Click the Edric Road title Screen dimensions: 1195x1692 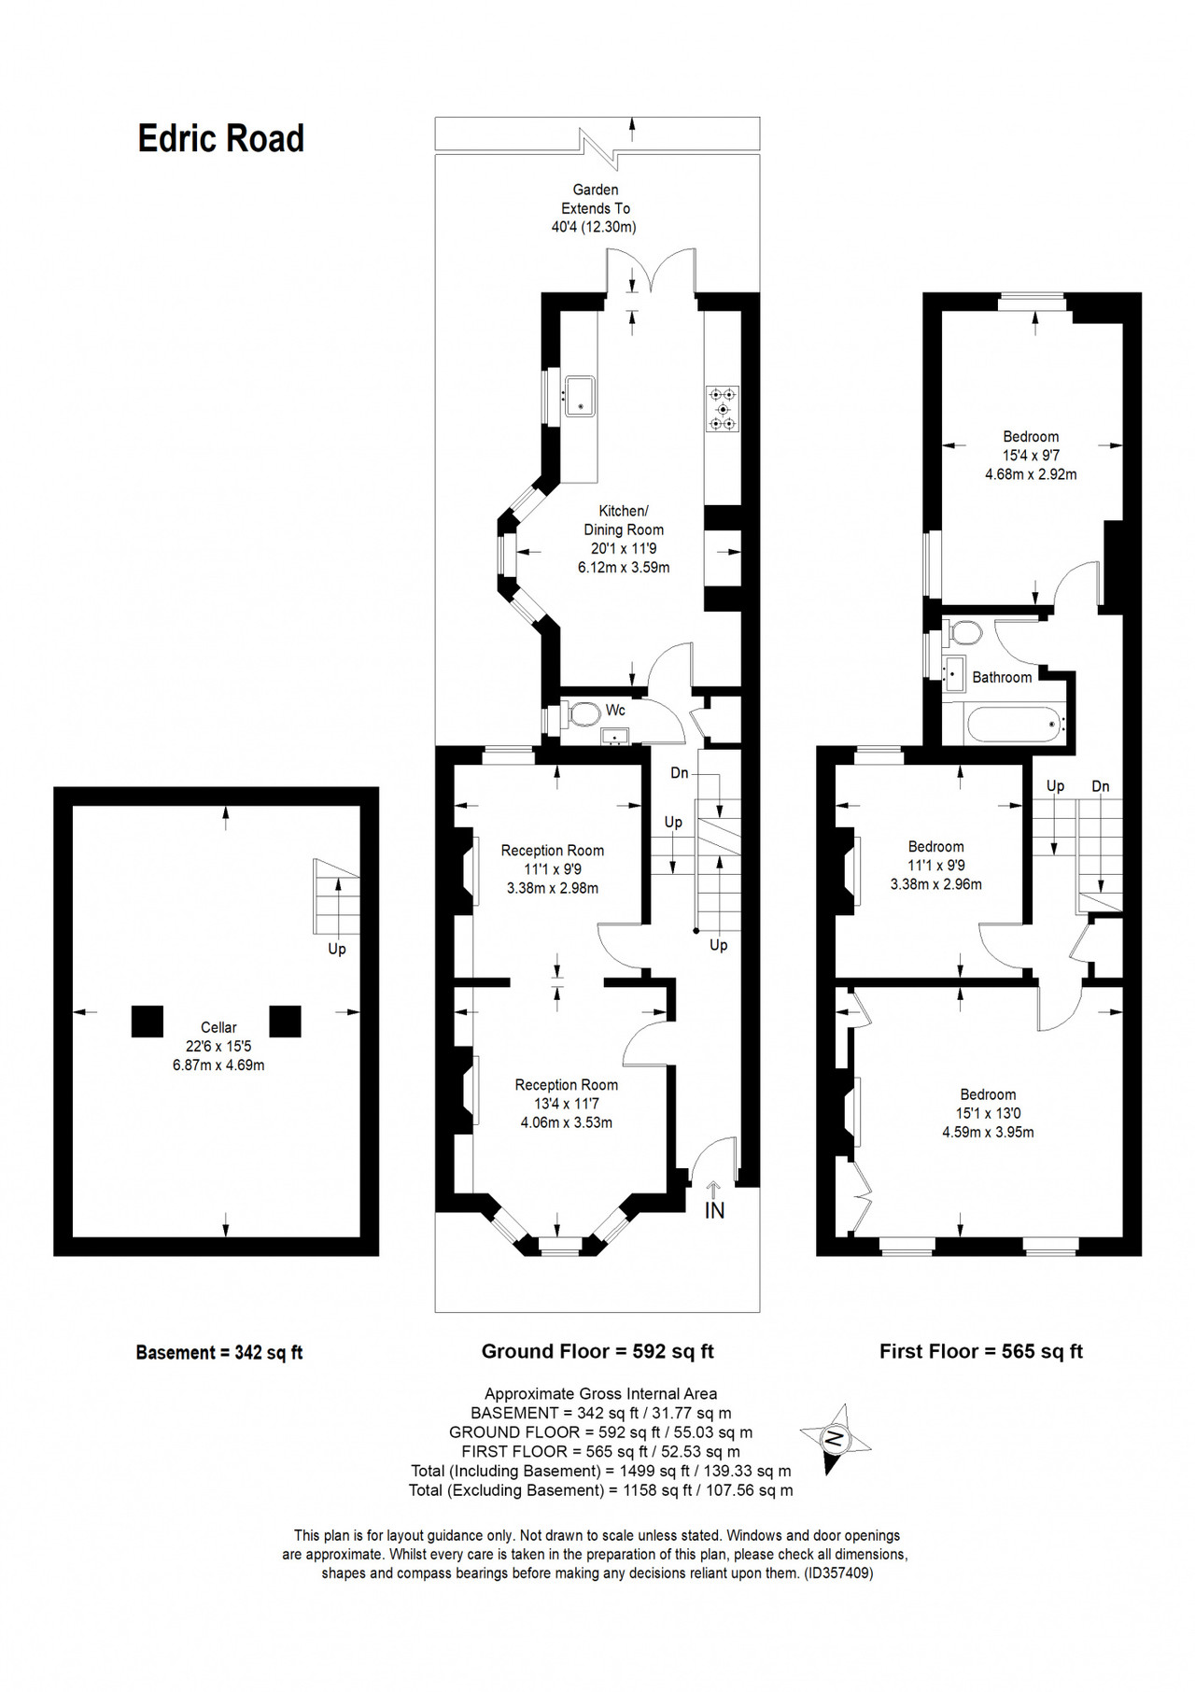[221, 138]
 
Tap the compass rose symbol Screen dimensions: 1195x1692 [836, 1438]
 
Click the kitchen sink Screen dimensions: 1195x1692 [580, 396]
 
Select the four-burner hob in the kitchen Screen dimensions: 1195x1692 [723, 409]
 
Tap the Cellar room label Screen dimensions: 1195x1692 [218, 1027]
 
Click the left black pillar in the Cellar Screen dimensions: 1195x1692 [148, 1022]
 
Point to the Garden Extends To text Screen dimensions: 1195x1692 [596, 199]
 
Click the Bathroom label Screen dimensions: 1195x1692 [1002, 677]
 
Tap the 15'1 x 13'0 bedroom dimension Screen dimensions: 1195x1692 [988, 1113]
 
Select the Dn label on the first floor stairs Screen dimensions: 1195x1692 [1101, 786]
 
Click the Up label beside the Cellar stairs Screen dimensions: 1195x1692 [337, 950]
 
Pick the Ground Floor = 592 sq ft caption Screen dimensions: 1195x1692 [597, 1351]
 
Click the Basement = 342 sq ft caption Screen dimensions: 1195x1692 [219, 1352]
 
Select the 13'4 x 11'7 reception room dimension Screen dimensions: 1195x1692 [566, 1104]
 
